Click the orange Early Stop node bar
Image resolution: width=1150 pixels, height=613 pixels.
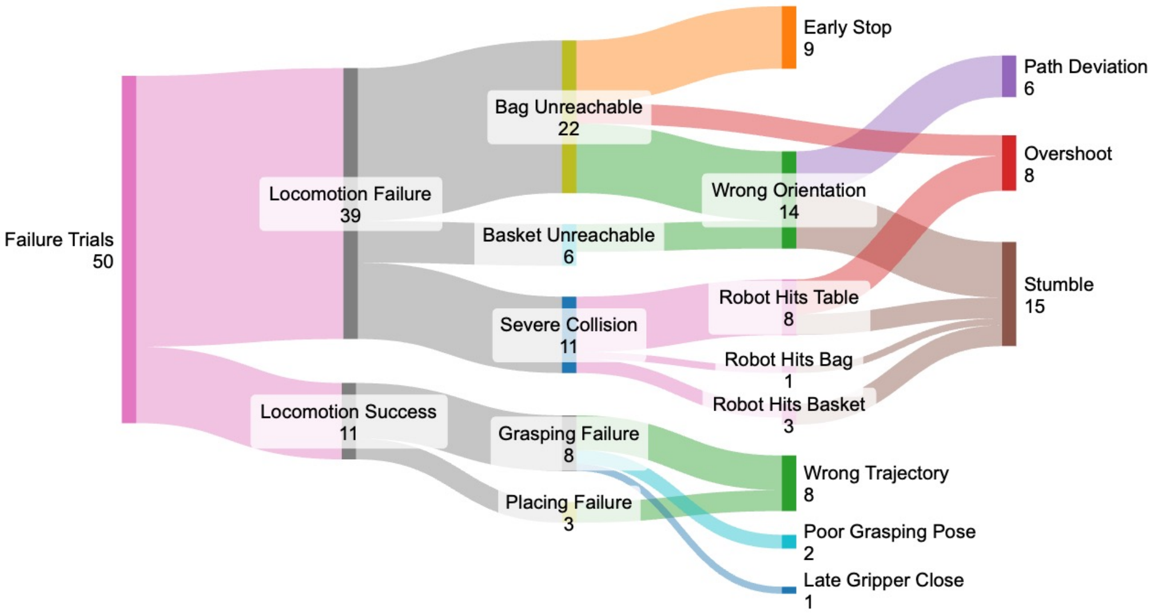tap(789, 38)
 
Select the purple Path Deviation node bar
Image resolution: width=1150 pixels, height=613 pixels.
tap(1009, 76)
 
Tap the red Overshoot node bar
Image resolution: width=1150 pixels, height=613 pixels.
tap(1009, 163)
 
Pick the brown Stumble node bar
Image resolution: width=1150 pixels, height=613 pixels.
tap(1009, 294)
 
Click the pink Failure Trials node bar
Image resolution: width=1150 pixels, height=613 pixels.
tap(129, 249)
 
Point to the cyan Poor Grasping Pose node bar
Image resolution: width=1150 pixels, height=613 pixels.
tap(789, 542)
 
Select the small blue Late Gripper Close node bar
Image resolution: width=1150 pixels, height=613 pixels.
tap(789, 590)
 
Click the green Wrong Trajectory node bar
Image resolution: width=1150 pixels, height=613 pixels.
tap(789, 483)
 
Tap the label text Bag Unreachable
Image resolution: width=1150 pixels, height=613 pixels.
tap(568, 107)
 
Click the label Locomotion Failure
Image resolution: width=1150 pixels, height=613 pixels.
tap(350, 194)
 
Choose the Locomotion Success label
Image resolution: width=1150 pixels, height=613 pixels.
tap(348, 412)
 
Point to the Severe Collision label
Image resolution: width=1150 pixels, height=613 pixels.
tap(568, 325)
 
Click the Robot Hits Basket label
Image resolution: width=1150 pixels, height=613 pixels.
tap(789, 404)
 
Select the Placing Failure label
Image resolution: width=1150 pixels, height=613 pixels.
tap(568, 502)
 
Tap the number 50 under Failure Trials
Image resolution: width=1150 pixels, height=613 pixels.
tap(103, 262)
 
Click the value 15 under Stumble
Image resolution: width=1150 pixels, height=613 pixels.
tap(1034, 307)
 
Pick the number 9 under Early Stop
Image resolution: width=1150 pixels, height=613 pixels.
tap(809, 49)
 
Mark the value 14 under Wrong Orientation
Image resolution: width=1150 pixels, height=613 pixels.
tap(789, 213)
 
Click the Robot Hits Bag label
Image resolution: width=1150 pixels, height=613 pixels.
tap(789, 360)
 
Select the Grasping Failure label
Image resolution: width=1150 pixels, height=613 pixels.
tap(568, 433)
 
